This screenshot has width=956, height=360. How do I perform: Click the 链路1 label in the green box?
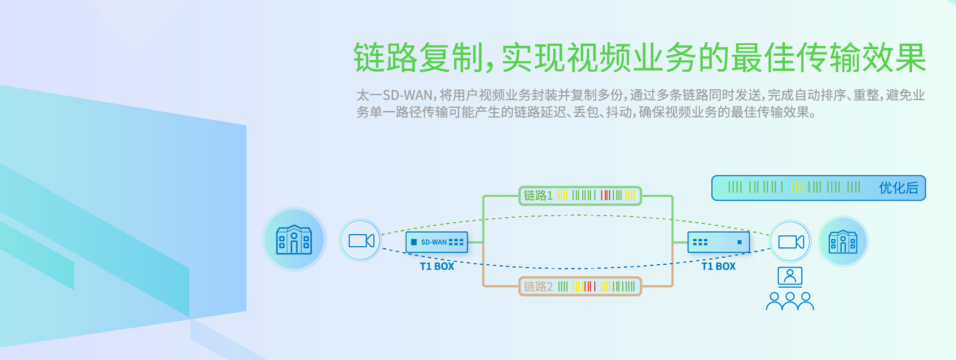tap(538, 195)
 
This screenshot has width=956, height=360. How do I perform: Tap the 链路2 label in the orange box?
tap(538, 286)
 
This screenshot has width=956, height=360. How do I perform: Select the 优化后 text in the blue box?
tap(899, 188)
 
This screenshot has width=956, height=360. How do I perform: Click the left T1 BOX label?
tap(437, 266)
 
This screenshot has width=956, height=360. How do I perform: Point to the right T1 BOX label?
tap(719, 266)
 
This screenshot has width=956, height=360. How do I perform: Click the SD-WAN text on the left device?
tap(434, 242)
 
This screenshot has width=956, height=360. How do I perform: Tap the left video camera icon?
tap(361, 240)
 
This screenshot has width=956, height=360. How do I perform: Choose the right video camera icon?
tap(791, 241)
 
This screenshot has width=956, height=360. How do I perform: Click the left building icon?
tap(294, 240)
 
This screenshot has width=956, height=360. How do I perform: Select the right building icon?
tap(843, 241)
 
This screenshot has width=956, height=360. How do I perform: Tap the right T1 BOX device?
tap(719, 242)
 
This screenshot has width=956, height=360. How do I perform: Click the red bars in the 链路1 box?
tap(605, 195)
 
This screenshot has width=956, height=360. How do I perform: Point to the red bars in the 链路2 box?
tap(589, 286)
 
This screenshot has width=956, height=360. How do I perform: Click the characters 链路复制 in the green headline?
tap(419, 57)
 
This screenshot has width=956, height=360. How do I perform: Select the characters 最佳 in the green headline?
tap(763, 57)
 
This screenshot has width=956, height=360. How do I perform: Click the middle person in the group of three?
tap(790, 301)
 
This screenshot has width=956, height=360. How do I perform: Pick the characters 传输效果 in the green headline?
tap(861, 57)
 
